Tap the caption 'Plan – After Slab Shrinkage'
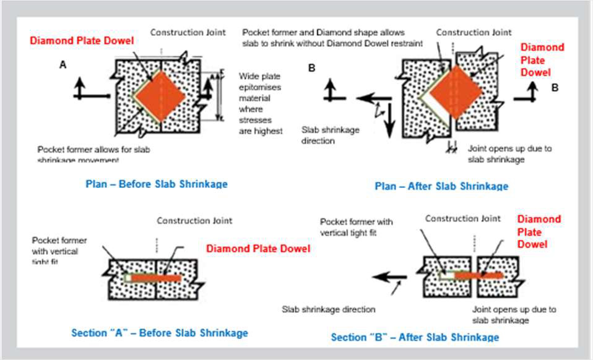[x=441, y=186]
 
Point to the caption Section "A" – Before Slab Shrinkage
[x=160, y=333]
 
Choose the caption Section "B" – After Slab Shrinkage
[x=415, y=337]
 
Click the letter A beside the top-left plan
[x=63, y=64]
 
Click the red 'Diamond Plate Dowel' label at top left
[x=82, y=41]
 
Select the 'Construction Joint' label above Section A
[x=194, y=220]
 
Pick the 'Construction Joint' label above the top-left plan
[x=188, y=32]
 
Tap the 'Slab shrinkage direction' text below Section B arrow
[x=329, y=309]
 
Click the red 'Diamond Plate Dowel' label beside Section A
[x=258, y=249]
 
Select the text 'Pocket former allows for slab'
[x=93, y=150]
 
